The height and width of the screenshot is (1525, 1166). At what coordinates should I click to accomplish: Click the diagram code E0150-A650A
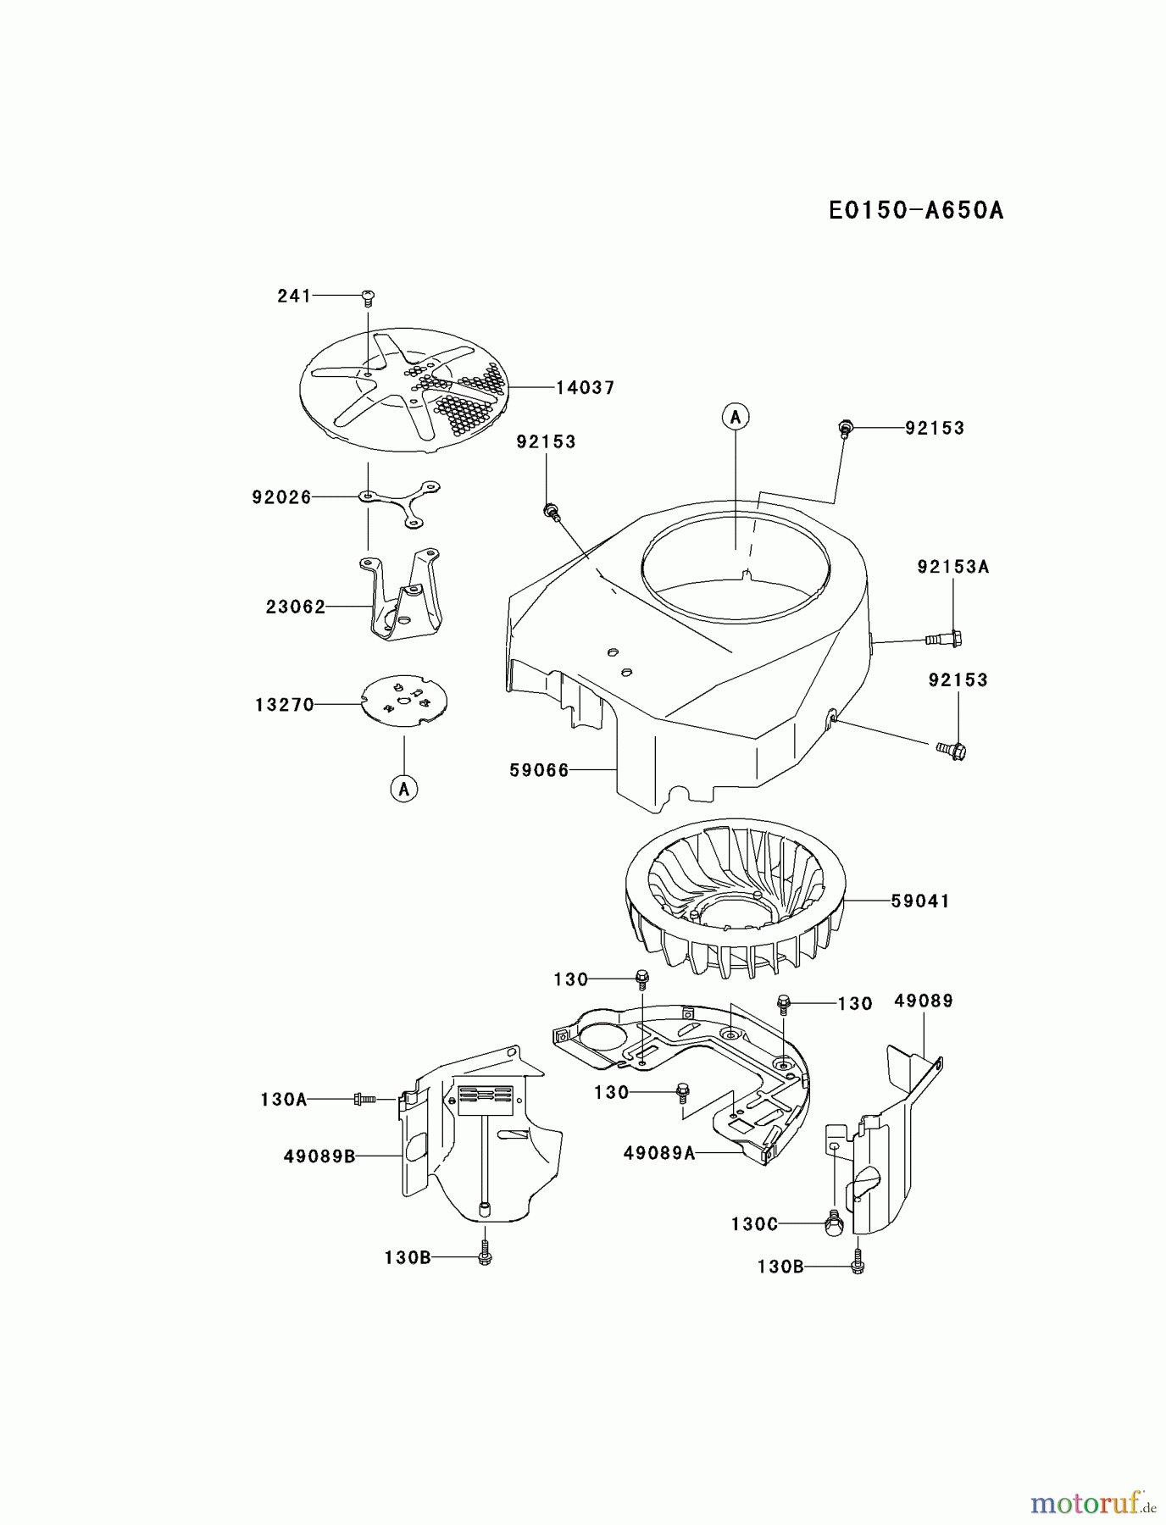916,210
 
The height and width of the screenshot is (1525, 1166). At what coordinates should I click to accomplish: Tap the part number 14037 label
585,388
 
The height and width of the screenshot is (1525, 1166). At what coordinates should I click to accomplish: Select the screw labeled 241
368,297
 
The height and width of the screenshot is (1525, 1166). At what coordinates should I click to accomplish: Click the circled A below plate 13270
404,789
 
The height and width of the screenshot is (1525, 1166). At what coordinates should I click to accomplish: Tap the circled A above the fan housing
736,417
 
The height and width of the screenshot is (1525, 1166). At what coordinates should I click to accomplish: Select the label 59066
539,770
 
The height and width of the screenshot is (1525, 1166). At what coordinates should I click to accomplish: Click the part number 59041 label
920,901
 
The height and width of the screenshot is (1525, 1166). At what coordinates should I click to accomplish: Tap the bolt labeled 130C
833,1222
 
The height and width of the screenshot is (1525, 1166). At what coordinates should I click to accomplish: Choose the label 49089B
319,1155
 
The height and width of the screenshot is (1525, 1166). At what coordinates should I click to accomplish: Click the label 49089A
658,1152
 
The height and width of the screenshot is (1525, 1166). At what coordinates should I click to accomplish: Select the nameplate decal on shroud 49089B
485,1100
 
